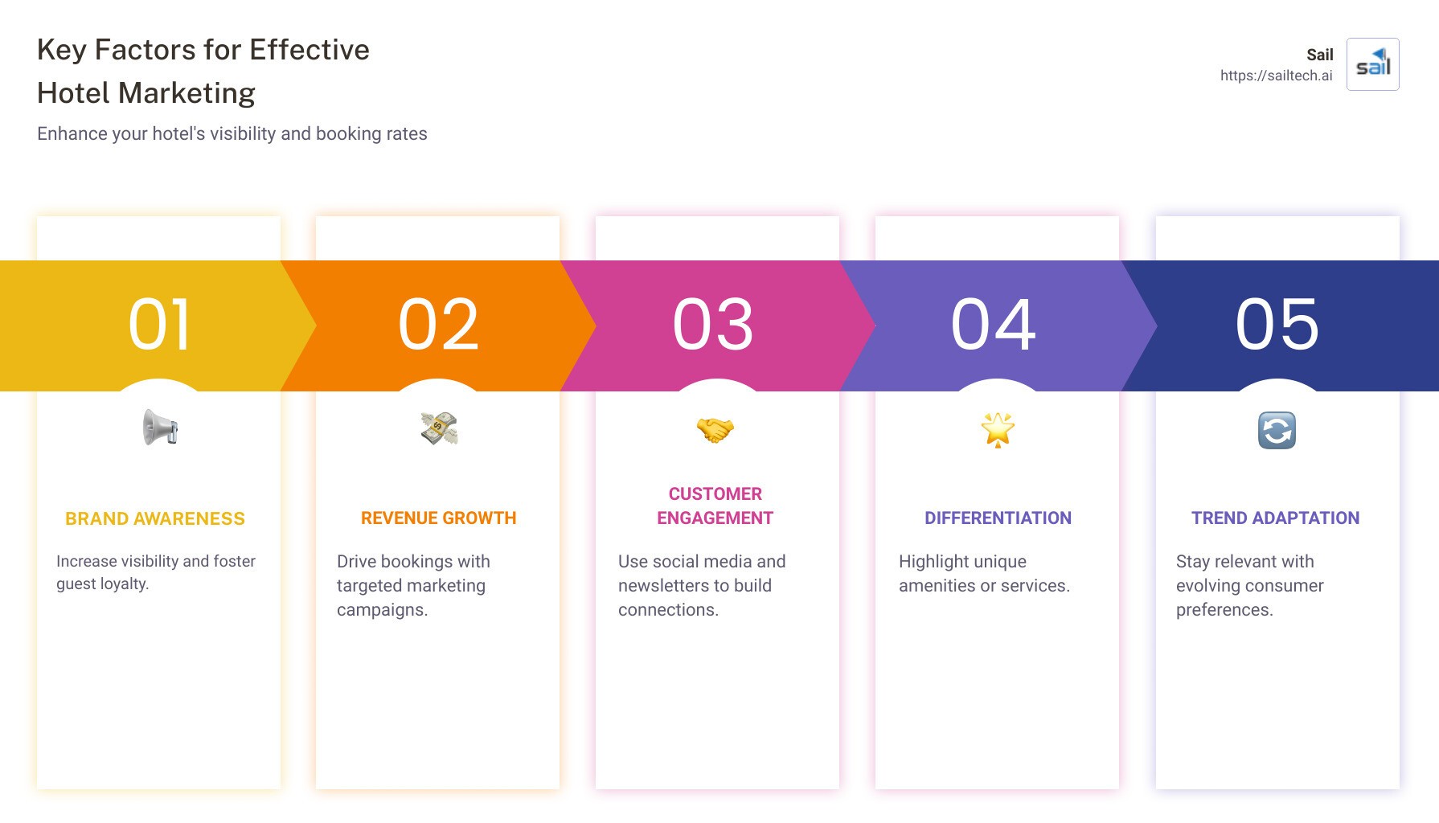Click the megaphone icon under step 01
[160, 428]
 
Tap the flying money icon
[439, 428]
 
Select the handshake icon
[715, 430]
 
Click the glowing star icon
[998, 430]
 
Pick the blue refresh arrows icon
[1277, 430]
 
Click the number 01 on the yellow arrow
[159, 325]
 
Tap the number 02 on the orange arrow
[439, 325]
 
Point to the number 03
[713, 325]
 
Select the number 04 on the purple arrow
[994, 325]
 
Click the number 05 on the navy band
[1277, 325]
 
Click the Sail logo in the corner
[1372, 64]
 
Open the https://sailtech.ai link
[1276, 76]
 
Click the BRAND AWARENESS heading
[155, 519]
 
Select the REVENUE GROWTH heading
[439, 518]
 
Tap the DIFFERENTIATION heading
[998, 518]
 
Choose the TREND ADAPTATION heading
[1275, 518]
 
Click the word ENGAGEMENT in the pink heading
[715, 518]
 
